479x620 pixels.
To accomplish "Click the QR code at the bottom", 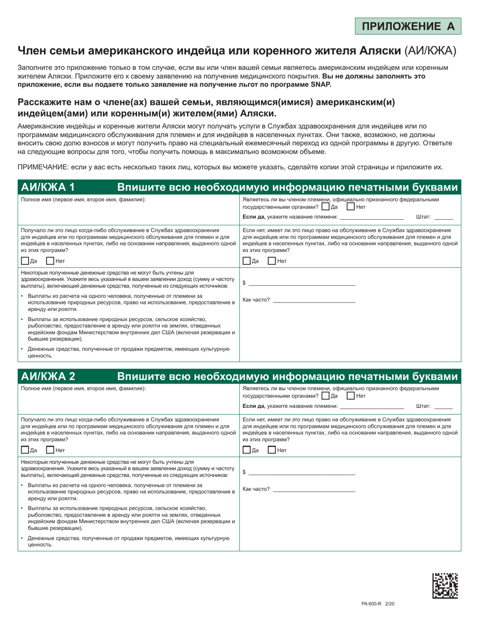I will [445, 586].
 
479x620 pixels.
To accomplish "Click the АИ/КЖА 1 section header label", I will [47, 188].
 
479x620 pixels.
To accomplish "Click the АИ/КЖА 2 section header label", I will [47, 376].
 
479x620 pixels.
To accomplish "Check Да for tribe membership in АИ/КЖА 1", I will [326, 207].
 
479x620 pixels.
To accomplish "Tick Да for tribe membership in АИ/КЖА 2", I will [326, 396].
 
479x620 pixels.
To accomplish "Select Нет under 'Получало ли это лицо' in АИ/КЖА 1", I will [50, 261].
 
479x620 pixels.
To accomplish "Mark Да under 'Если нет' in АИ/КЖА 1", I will [247, 261].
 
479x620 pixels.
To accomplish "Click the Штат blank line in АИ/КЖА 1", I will [443, 219].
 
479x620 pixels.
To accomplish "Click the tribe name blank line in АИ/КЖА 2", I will [372, 408].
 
